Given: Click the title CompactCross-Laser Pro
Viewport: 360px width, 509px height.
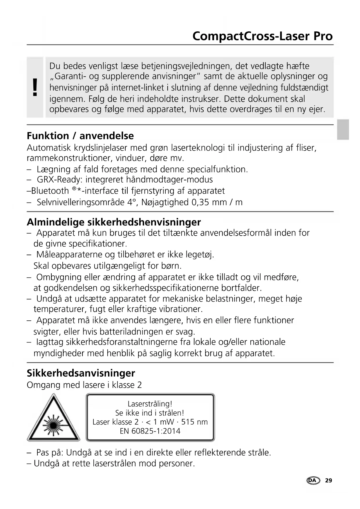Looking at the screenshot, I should [262, 36].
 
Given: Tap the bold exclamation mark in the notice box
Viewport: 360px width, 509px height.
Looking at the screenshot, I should [35, 87].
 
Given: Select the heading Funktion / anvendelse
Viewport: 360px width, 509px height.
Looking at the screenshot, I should [80, 136].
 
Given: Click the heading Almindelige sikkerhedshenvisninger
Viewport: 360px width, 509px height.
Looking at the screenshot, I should [113, 222].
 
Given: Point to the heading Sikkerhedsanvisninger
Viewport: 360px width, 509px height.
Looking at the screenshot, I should [81, 373].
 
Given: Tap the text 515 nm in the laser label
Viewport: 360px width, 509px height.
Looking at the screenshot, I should [194, 422].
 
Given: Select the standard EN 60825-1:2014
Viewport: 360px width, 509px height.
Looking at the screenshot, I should [150, 431].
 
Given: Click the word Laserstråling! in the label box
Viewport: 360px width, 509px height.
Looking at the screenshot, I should [150, 404].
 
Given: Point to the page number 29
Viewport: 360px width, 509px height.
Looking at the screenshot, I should [328, 481].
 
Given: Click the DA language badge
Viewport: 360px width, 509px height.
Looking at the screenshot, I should [313, 481].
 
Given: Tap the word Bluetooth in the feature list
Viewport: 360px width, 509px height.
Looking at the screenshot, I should [50, 191].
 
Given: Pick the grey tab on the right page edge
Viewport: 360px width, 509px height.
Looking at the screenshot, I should [343, 129].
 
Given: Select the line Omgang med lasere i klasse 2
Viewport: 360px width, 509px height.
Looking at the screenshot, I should [84, 385].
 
